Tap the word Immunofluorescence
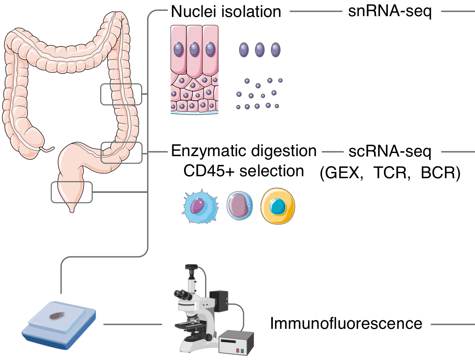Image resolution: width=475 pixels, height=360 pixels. pyautogui.click(x=346, y=324)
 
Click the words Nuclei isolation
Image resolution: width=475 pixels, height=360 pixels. pyautogui.click(x=226, y=12)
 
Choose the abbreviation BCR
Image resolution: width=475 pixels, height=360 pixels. pyautogui.click(x=438, y=173)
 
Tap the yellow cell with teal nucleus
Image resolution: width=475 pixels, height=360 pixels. pyautogui.click(x=278, y=205)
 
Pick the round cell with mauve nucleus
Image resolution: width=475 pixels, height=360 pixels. pyautogui.click(x=240, y=206)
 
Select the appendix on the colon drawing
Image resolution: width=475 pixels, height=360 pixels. pyautogui.click(x=46, y=149)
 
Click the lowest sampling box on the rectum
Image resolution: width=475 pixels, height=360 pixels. pyautogui.click(x=72, y=192)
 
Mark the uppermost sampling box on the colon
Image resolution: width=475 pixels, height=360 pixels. pyautogui.click(x=121, y=94)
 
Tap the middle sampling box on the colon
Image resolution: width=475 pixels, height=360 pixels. pyautogui.click(x=121, y=153)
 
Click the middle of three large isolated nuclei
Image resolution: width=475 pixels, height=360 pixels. pyautogui.click(x=259, y=50)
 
